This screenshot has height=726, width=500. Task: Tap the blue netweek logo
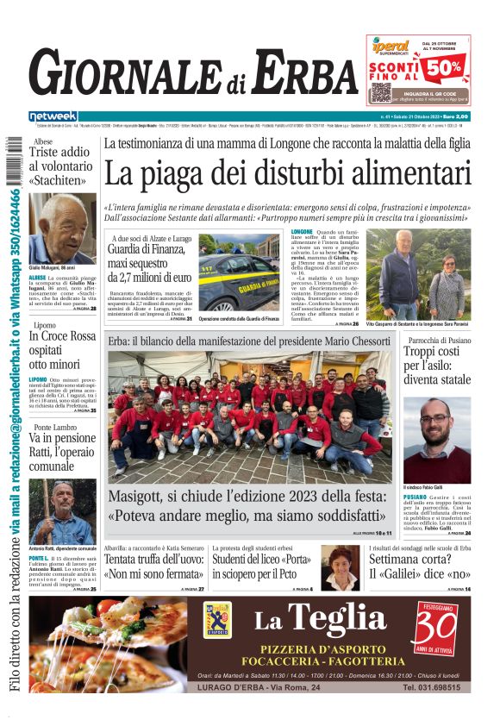point(53,116)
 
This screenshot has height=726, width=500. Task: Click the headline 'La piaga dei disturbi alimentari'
point(287,174)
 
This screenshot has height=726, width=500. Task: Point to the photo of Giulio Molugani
point(62,228)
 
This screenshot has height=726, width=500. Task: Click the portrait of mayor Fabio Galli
point(436,440)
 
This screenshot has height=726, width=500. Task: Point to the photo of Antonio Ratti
point(62,512)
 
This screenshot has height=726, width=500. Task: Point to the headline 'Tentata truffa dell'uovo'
point(153,566)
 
